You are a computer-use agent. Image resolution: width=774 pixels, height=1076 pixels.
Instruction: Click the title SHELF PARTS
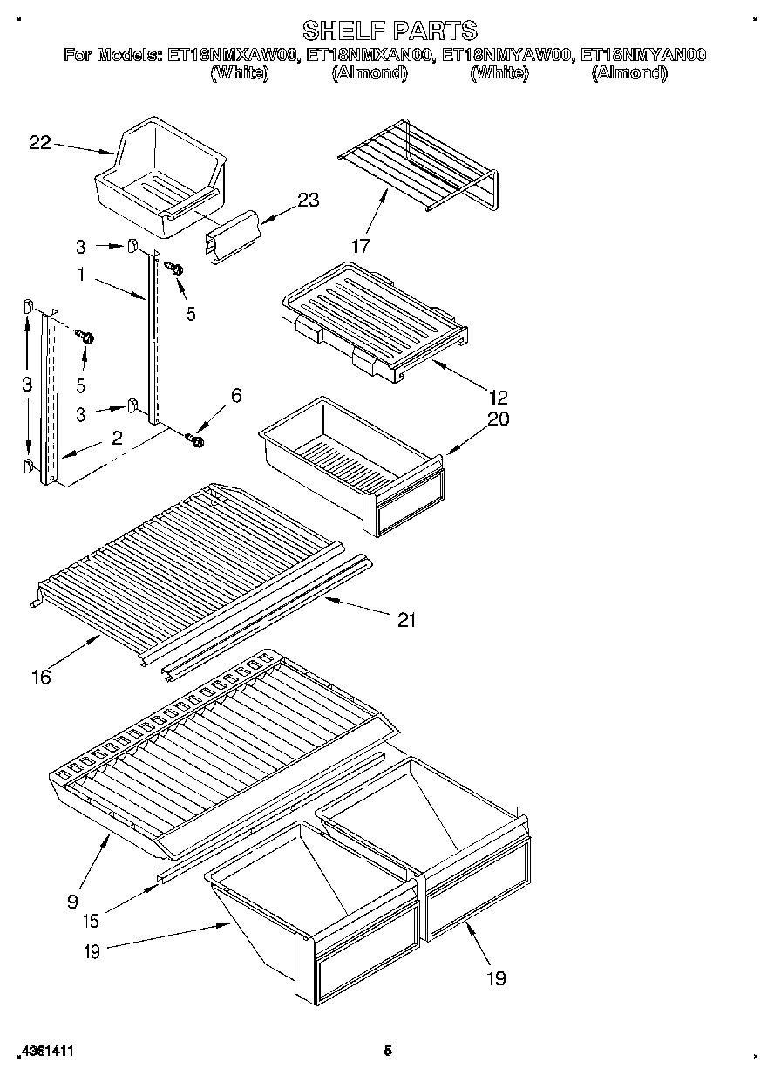pyautogui.click(x=389, y=31)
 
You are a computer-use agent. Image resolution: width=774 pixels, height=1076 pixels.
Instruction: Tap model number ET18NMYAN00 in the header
pyautogui.click(x=642, y=55)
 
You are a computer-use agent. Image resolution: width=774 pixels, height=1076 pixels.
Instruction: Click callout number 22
pyautogui.click(x=40, y=143)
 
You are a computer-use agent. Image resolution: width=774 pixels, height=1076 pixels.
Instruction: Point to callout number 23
pyautogui.click(x=308, y=201)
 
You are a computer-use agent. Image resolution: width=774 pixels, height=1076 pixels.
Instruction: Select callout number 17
pyautogui.click(x=361, y=246)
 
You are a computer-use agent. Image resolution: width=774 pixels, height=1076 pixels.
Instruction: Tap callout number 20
pyautogui.click(x=498, y=419)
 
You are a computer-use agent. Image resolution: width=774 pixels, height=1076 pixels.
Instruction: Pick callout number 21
pyautogui.click(x=406, y=621)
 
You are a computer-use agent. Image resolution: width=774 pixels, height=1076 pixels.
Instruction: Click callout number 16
pyautogui.click(x=40, y=676)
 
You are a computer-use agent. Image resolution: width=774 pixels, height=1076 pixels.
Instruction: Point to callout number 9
pyautogui.click(x=72, y=901)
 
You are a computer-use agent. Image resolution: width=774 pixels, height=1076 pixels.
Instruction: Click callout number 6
pyautogui.click(x=235, y=395)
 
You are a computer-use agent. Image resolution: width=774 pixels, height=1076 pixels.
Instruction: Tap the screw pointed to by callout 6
pyautogui.click(x=196, y=440)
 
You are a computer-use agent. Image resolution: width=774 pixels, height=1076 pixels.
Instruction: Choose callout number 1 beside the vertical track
pyautogui.click(x=80, y=276)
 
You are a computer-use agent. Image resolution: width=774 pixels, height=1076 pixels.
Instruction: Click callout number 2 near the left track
pyautogui.click(x=117, y=438)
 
